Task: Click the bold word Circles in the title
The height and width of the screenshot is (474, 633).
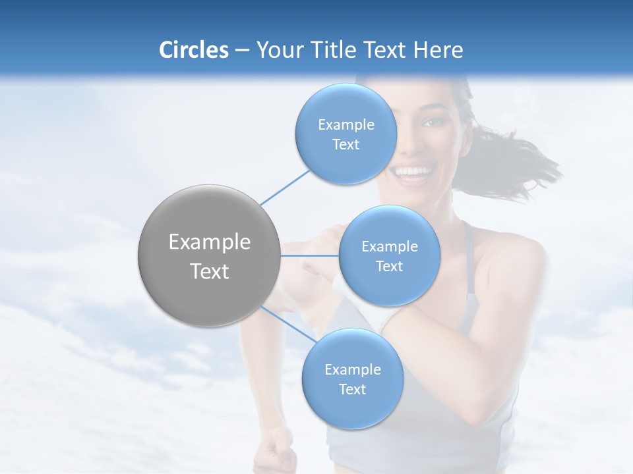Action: tap(193, 50)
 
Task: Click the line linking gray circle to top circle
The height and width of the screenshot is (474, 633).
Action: tap(285, 188)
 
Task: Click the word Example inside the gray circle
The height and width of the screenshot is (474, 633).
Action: tap(210, 242)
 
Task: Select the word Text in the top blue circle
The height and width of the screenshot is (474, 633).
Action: tap(346, 145)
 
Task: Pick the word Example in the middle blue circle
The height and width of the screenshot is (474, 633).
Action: tap(389, 247)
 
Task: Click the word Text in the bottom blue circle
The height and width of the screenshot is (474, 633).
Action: tap(352, 390)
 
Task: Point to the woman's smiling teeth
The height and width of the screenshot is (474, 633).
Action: tap(413, 172)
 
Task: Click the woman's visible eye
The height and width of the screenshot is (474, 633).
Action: tap(433, 122)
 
